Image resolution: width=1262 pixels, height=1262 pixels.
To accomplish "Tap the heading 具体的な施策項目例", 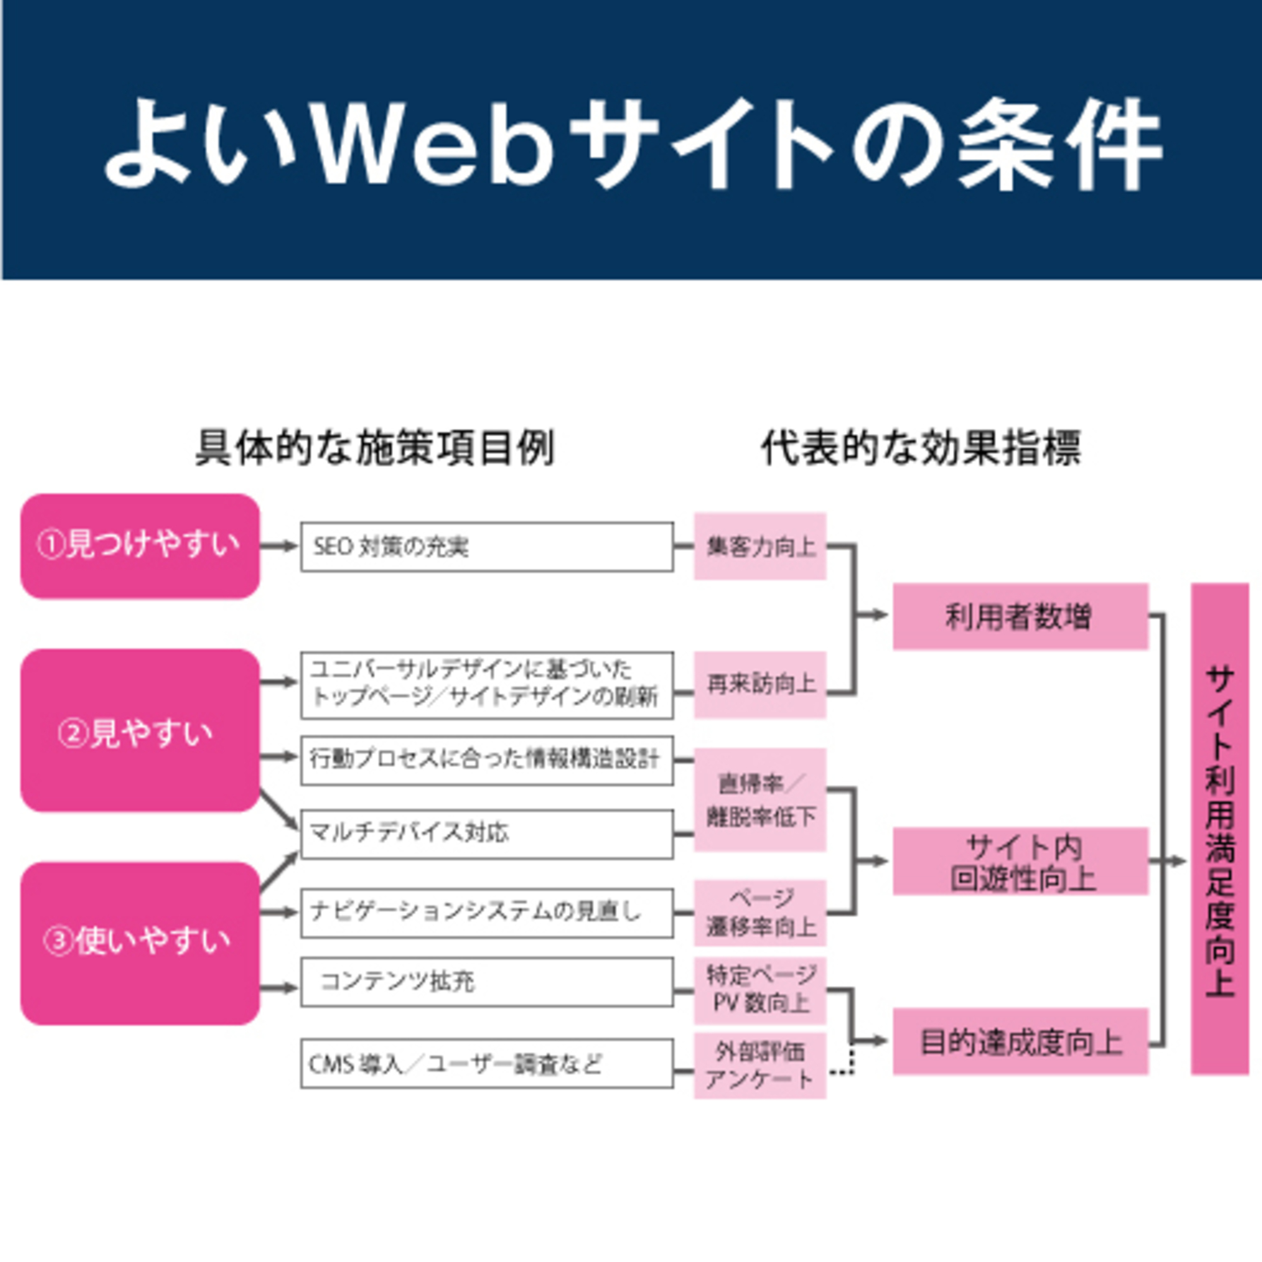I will [x=375, y=449].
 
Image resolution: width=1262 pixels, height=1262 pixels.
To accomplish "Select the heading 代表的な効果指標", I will [x=921, y=449].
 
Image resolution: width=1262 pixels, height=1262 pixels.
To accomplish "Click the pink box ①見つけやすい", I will [x=140, y=546].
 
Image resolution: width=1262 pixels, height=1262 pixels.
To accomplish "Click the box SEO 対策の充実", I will [x=487, y=546].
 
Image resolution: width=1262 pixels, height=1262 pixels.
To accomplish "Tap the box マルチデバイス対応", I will [x=487, y=834].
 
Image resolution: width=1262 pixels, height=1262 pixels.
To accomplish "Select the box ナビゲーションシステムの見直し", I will [x=487, y=912].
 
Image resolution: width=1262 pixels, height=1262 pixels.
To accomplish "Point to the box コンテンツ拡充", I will [x=487, y=982].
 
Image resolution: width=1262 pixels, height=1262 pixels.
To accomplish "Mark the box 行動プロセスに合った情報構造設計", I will [x=487, y=760].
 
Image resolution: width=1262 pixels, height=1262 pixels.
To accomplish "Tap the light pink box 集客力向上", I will [x=760, y=546].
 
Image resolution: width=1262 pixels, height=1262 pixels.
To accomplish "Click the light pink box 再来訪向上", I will [x=760, y=685].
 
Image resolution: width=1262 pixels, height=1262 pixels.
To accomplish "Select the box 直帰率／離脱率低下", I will [x=760, y=799].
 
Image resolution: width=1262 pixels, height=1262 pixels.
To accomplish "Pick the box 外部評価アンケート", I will [x=760, y=1065].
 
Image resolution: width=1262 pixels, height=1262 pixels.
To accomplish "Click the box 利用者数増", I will [x=1020, y=616].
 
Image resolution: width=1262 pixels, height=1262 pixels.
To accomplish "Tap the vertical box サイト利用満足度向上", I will [x=1220, y=829].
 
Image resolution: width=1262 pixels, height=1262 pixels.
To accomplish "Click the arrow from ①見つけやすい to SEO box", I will [x=280, y=546].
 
